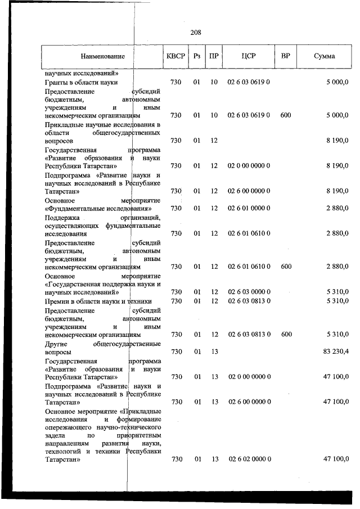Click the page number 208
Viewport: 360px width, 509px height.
[196, 33]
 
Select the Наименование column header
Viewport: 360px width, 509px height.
[102, 56]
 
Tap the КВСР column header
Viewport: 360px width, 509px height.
[175, 56]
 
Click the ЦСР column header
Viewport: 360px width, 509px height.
[249, 56]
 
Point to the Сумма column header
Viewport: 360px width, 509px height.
[324, 56]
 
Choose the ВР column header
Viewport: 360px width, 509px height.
[285, 56]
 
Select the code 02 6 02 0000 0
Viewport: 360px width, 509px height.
[249, 460]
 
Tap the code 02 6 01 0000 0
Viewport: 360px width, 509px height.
[249, 209]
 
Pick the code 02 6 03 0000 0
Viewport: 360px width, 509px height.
[249, 292]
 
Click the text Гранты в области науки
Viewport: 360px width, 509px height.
[80, 82]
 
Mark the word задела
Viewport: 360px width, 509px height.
[56, 435]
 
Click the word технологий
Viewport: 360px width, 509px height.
[64, 451]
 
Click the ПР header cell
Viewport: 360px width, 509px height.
[214, 56]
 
